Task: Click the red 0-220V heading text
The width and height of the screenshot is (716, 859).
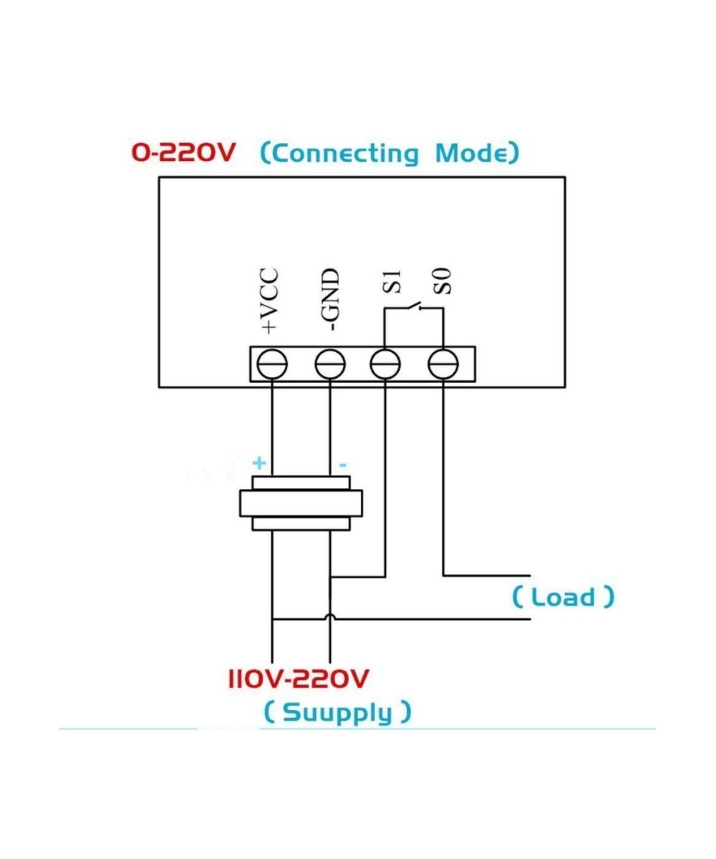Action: point(182,152)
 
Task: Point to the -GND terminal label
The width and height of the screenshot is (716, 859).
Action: point(330,301)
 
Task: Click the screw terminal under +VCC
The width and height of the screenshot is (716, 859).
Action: point(273,365)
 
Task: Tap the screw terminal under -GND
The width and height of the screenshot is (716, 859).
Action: point(330,365)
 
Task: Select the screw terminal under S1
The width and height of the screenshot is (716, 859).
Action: point(385,365)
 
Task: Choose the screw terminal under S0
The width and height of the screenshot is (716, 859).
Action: point(442,365)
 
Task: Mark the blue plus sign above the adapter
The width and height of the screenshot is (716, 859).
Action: point(259,463)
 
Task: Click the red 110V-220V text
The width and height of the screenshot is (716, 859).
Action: point(298,678)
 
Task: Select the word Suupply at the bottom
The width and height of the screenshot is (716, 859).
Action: point(337,712)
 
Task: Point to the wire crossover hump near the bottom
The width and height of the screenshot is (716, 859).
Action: point(330,617)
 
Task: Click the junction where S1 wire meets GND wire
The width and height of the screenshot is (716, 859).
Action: point(330,576)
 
